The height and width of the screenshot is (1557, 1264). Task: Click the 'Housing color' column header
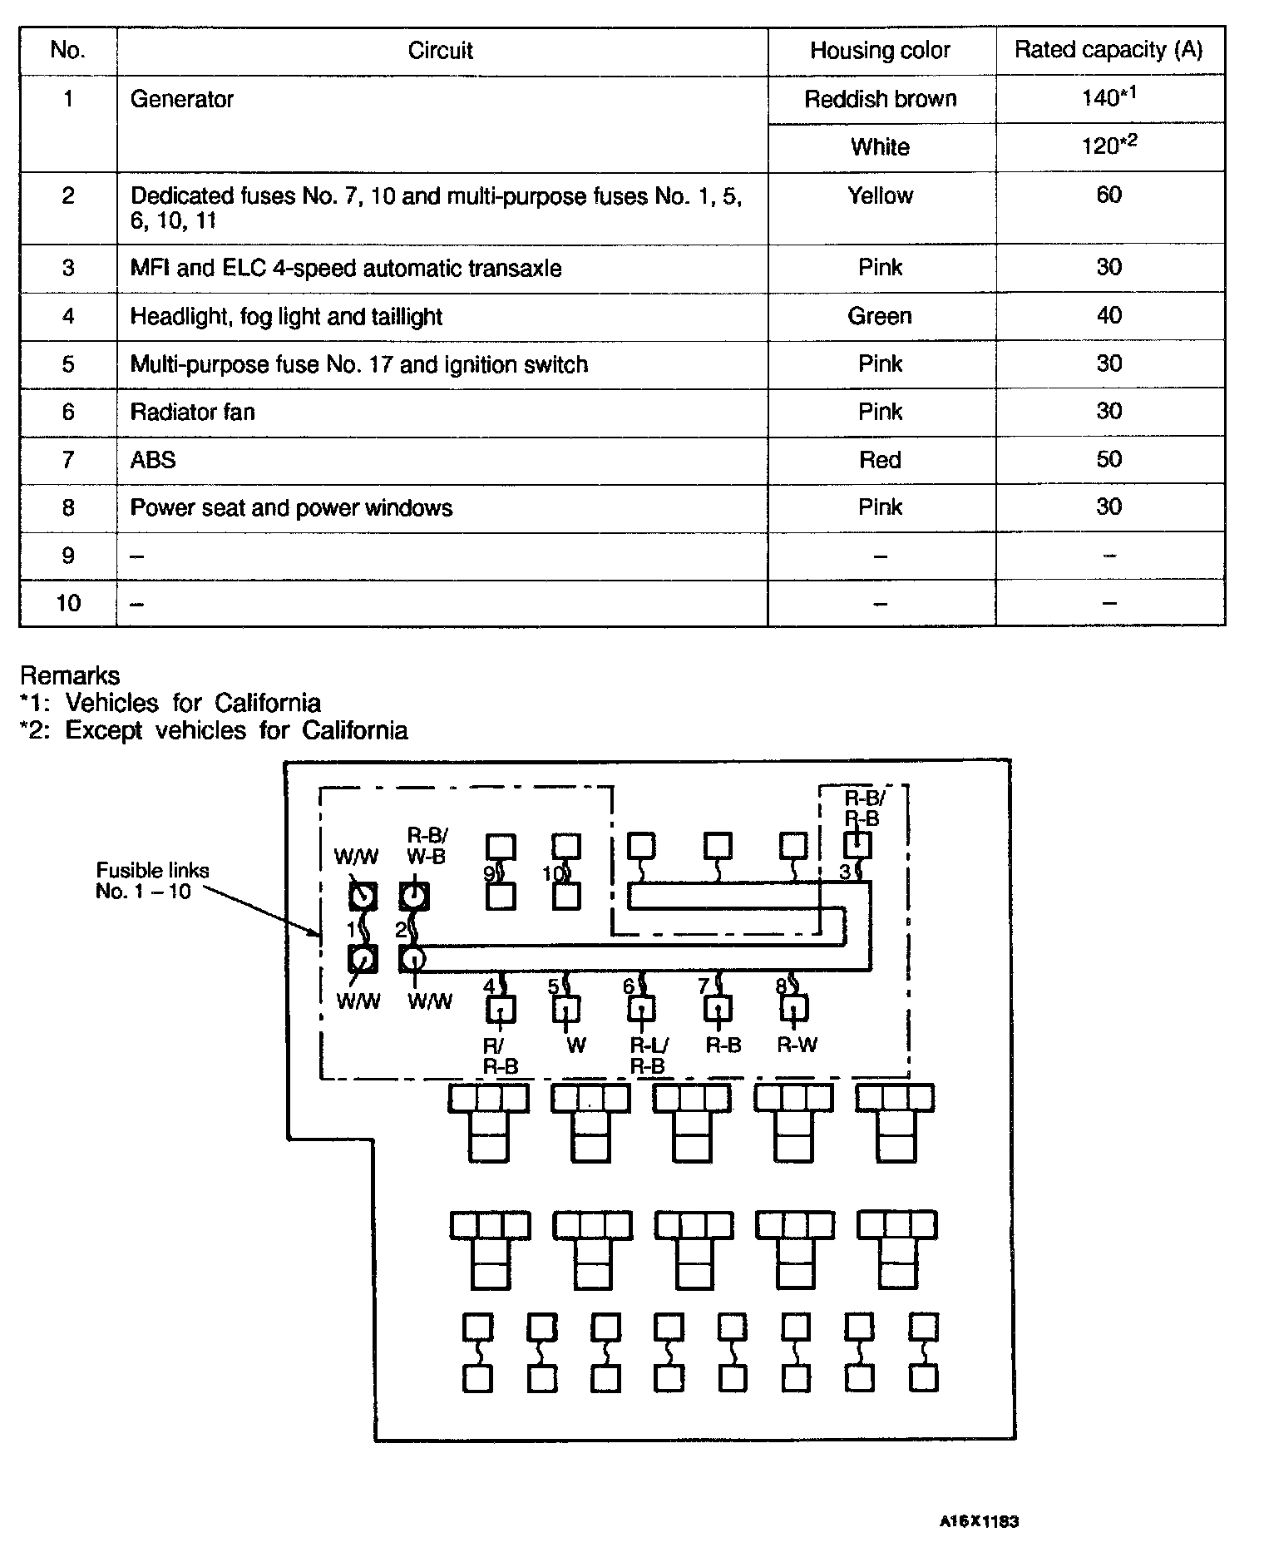coord(880,51)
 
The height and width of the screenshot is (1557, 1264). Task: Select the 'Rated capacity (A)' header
coord(1108,50)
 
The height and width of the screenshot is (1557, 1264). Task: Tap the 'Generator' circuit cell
coord(182,99)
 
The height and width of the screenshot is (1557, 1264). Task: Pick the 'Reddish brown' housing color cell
coord(880,99)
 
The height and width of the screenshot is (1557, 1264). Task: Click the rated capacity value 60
coord(1108,195)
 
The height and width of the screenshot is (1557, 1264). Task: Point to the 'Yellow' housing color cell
coord(880,195)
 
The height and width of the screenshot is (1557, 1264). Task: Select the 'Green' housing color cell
coord(880,316)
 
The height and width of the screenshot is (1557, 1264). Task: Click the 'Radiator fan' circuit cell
coord(192,412)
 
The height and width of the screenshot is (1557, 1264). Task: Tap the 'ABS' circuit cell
coord(153,460)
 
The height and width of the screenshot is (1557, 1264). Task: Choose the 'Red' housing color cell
coord(880,460)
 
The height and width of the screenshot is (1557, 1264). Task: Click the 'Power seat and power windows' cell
coord(291,508)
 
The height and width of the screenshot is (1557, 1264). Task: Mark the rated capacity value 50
coord(1108,459)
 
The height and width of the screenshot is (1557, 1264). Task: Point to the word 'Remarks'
coord(70,675)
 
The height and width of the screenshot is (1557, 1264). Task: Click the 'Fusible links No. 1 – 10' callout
coord(152,881)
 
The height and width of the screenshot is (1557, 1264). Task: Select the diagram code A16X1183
coord(979,1522)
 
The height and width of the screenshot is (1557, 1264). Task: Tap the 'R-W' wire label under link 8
coord(797,1045)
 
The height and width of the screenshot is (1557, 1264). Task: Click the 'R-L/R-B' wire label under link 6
coord(649,1056)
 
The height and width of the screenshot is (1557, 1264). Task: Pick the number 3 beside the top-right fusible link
coord(845,872)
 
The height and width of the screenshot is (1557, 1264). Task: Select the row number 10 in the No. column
coord(68,603)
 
